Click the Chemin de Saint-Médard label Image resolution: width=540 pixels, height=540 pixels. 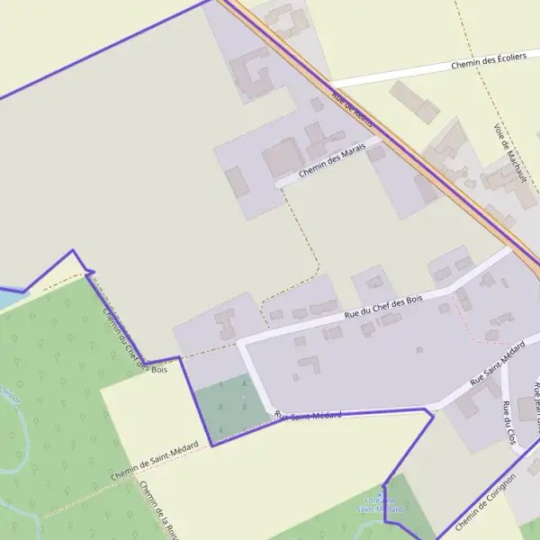coord(154,462)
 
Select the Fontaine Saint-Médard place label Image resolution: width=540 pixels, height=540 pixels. coord(380,505)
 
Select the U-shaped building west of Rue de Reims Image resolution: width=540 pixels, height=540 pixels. coord(251,74)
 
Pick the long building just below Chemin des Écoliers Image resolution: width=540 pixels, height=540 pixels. coord(416,105)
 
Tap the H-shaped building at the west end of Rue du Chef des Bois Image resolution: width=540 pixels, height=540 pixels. coord(225,322)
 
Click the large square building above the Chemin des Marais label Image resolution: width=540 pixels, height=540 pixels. coord(283,157)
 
